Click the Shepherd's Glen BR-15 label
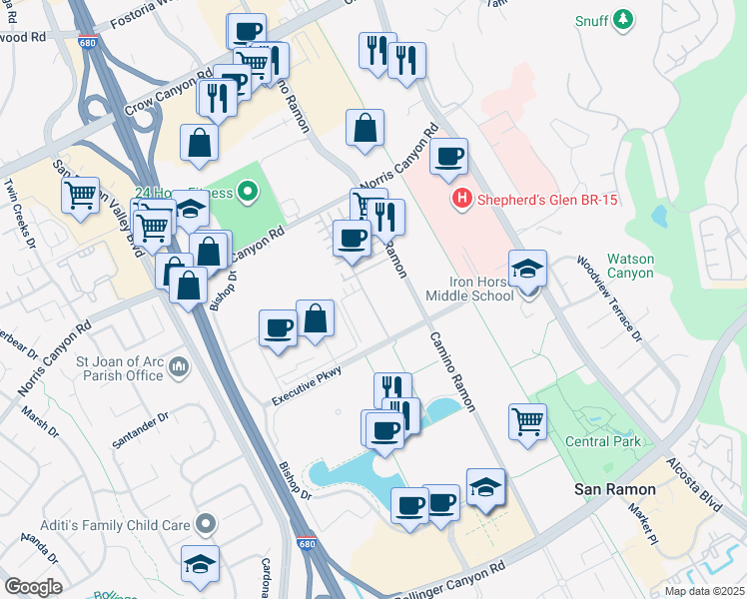pyautogui.click(x=548, y=200)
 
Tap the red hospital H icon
pyautogui.click(x=461, y=200)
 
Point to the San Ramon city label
pyautogui.click(x=614, y=489)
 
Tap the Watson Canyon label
pyautogui.click(x=630, y=266)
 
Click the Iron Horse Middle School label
pyautogui.click(x=469, y=289)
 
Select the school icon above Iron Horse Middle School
pyautogui.click(x=527, y=270)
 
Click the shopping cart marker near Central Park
pyautogui.click(x=527, y=421)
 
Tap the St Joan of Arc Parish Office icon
pyautogui.click(x=179, y=367)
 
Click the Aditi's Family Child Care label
pyautogui.click(x=101, y=523)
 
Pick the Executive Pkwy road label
pyautogui.click(x=308, y=385)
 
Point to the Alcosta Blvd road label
pyautogui.click(x=699, y=489)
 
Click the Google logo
pyautogui.click(x=33, y=587)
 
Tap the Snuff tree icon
pyautogui.click(x=624, y=20)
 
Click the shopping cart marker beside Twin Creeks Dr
pyautogui.click(x=80, y=196)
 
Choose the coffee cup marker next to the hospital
pyautogui.click(x=449, y=157)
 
